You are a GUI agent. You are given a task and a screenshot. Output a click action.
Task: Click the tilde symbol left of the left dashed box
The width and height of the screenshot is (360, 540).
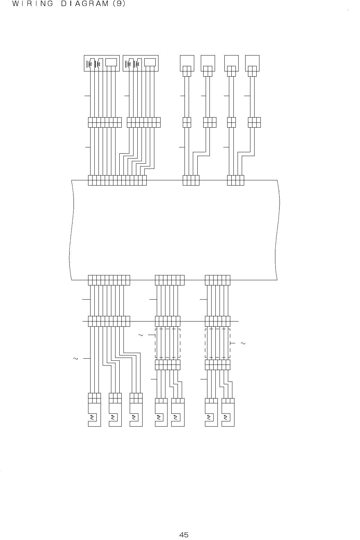(x=140, y=335)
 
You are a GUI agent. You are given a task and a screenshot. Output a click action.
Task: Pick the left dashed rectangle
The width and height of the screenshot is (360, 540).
(x=168, y=343)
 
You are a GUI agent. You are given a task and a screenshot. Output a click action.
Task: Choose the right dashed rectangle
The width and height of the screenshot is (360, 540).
(x=218, y=343)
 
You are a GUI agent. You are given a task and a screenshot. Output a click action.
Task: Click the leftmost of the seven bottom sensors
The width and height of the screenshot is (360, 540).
(x=94, y=414)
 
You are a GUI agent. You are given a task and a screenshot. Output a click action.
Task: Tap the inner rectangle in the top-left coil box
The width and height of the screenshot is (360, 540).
(x=111, y=62)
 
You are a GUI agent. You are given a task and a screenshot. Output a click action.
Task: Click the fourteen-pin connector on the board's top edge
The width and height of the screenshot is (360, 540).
(x=117, y=180)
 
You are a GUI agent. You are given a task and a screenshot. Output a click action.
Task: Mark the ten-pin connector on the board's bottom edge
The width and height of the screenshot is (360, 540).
(x=109, y=280)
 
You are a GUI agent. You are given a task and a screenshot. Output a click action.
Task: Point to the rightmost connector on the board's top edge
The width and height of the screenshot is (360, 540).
(x=235, y=180)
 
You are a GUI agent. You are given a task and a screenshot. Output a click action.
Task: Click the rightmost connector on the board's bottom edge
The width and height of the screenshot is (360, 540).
(x=218, y=280)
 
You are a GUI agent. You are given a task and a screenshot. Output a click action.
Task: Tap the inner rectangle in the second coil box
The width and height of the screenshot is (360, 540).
(x=150, y=62)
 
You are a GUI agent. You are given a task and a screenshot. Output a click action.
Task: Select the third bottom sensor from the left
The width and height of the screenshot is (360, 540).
(x=136, y=414)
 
